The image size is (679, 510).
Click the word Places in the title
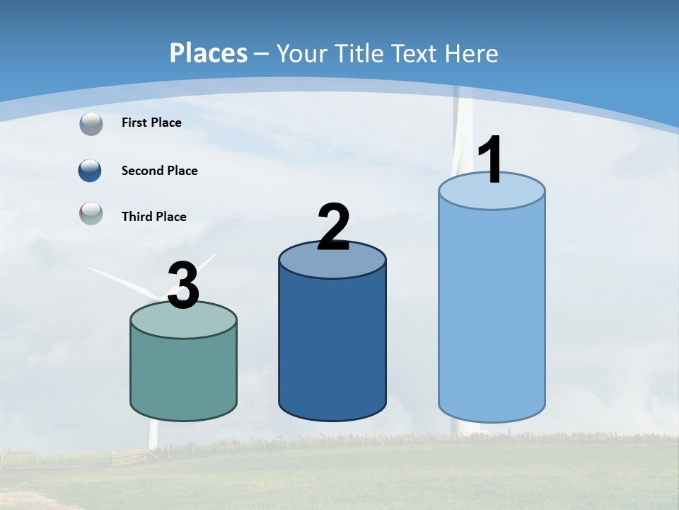pos(209,53)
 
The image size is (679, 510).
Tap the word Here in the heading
pos(472,53)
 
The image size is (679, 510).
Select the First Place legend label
pos(151,123)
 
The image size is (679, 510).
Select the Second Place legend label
pos(159,171)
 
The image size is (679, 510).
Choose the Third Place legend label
pos(153,217)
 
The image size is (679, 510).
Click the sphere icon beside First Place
pos(91,124)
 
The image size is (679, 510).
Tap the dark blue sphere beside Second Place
pos(90,171)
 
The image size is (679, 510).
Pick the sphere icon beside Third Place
pos(91,213)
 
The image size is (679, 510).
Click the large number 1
pos(491,160)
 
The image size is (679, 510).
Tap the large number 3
pos(183,285)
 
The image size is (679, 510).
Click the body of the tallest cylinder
pos(492,312)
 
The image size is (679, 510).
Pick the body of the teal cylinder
pos(183,375)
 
